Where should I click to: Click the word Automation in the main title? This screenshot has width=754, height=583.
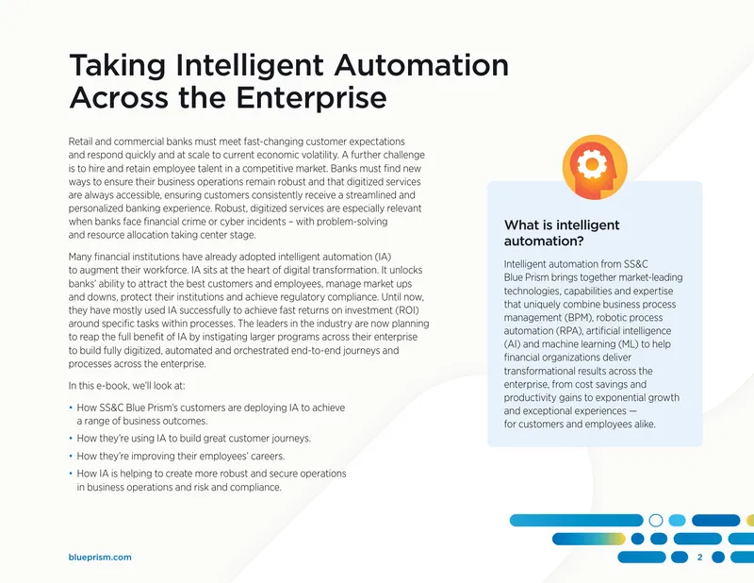[x=421, y=65]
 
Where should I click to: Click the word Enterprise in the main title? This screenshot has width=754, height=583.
[x=311, y=97]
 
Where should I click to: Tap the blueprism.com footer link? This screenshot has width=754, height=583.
[x=100, y=557]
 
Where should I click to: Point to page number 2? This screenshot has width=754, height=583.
[x=699, y=557]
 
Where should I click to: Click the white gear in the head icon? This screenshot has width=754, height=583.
[x=592, y=164]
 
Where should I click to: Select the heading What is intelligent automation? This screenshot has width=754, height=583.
[x=562, y=232]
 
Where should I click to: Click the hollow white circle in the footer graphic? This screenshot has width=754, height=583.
[x=656, y=521]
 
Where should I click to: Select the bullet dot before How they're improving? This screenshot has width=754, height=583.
[x=71, y=456]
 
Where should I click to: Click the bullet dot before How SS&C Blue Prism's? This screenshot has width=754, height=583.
[x=71, y=408]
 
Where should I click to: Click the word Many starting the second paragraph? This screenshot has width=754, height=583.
[x=79, y=257]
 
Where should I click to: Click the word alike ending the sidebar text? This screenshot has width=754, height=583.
[x=644, y=425]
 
